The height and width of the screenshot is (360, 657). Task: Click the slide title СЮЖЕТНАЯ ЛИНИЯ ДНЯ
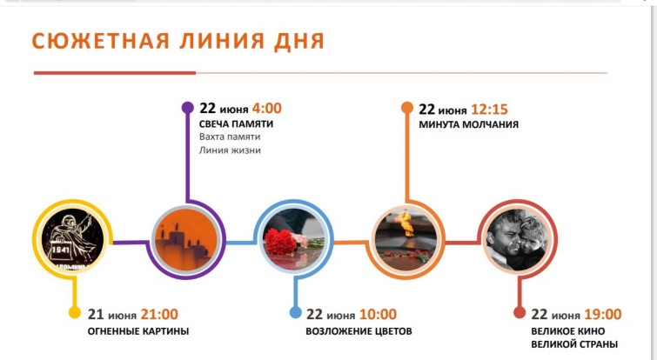178,42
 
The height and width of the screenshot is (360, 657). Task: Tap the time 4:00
266,109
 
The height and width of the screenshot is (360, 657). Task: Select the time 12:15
489,110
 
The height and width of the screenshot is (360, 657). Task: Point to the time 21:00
159,314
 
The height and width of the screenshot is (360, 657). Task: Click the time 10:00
378,314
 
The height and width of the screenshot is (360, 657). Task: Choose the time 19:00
602,314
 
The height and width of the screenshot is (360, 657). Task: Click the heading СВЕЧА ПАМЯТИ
236,123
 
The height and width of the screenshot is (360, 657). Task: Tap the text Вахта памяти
230,137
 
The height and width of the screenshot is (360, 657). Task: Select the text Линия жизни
230,150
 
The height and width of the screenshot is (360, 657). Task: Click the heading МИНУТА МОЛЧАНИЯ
468,124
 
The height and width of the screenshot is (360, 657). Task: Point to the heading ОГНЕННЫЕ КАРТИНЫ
138,331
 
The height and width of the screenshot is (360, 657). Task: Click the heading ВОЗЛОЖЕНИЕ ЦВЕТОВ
359,331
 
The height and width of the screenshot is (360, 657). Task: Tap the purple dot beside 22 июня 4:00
187,108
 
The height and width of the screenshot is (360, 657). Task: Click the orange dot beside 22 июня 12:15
407,108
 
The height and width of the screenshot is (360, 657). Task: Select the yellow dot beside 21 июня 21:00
75,312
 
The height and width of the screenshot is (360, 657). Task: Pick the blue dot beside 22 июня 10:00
295,312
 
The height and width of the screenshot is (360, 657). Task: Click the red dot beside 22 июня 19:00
520,312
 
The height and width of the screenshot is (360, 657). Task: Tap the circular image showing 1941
72,239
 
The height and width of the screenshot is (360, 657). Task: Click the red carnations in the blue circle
279,243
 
